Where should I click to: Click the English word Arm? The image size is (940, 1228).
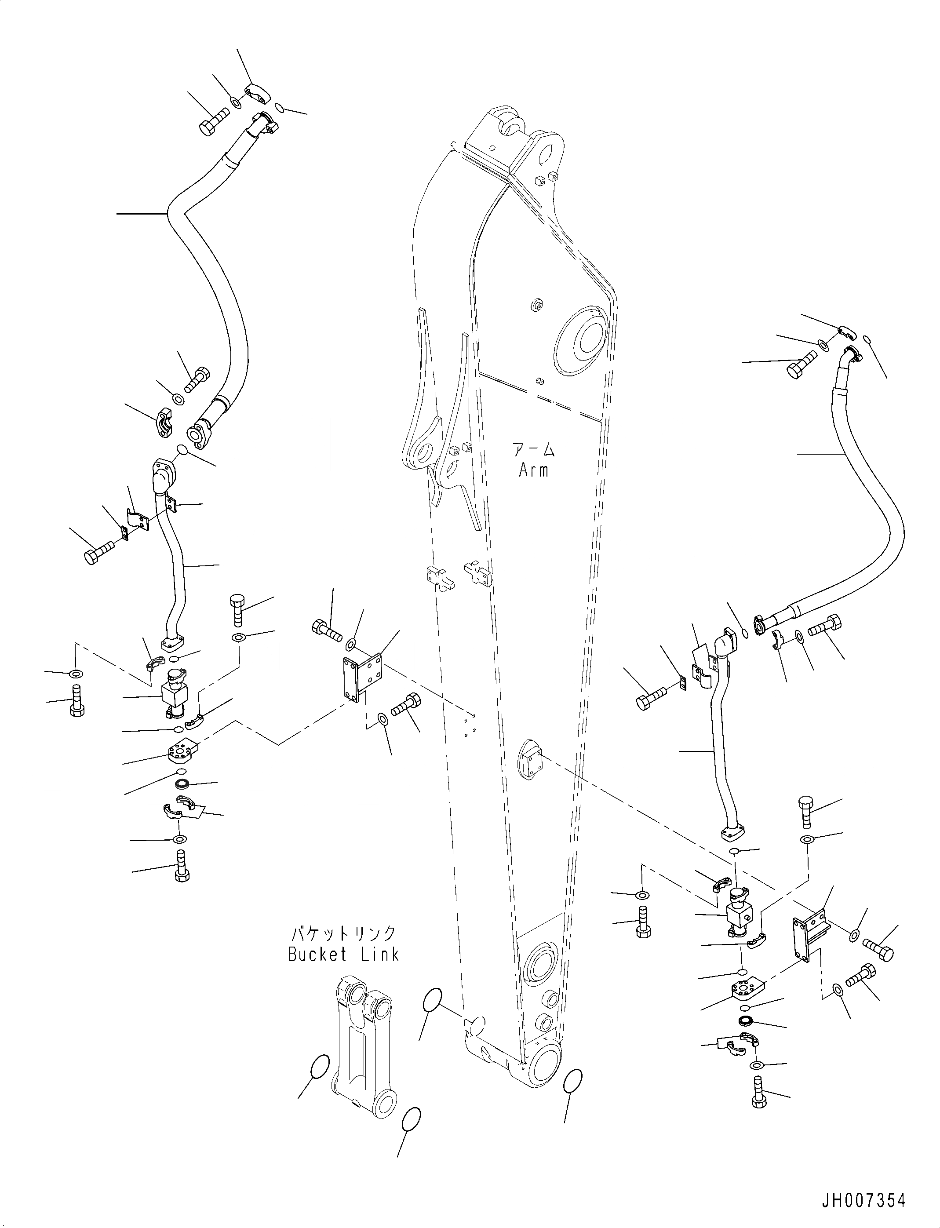click(x=533, y=470)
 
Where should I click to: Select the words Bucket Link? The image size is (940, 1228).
click(x=343, y=955)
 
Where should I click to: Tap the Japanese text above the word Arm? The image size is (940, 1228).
click(x=533, y=450)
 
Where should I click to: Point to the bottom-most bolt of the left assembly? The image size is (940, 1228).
click(x=181, y=881)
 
